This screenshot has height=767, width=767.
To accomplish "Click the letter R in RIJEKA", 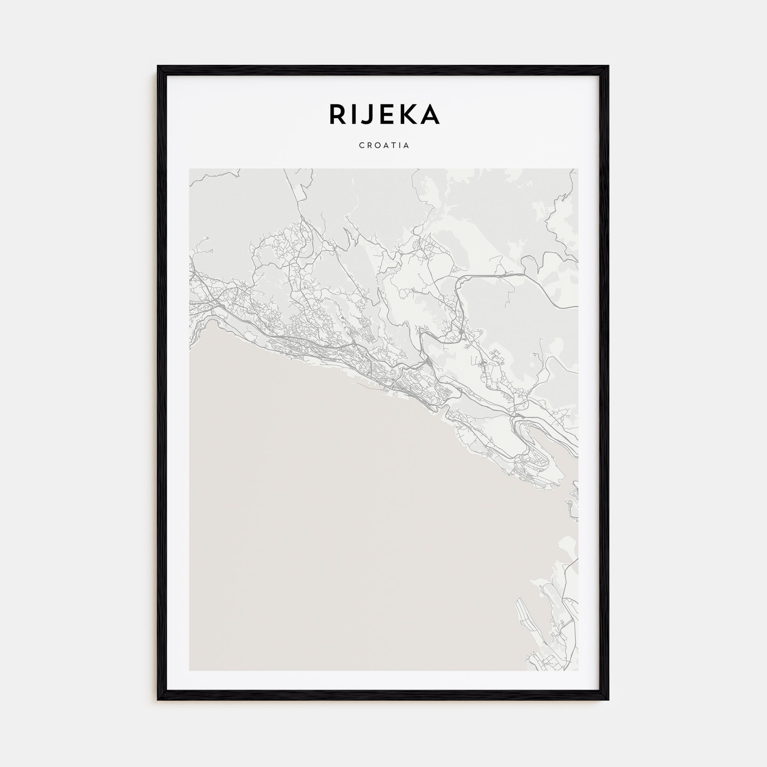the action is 337,114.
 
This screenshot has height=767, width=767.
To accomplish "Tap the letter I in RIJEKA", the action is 353,114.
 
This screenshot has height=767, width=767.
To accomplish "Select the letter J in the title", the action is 368,114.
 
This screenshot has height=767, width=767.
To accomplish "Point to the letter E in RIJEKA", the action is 386,114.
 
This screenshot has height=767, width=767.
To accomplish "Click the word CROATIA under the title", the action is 384,146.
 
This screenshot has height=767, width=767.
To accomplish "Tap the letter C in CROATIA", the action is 361,146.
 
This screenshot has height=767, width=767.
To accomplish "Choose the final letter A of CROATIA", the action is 407,146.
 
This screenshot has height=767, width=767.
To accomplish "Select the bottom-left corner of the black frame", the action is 158,700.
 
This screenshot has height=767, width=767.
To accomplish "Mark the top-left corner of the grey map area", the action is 189,169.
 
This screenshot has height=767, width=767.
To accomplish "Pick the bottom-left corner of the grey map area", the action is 189,670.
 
